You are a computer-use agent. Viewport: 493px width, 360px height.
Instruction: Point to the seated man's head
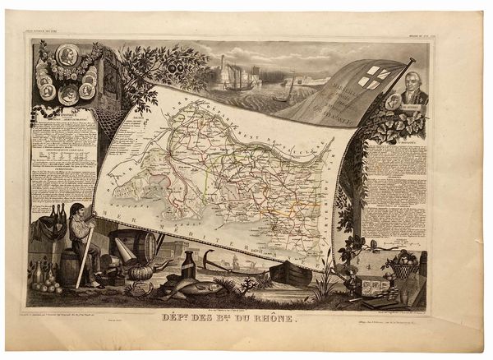tap(76, 210)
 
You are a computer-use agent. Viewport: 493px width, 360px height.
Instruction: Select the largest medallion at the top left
tap(67, 56)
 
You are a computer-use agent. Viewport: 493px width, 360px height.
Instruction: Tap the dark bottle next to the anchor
tap(189, 265)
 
